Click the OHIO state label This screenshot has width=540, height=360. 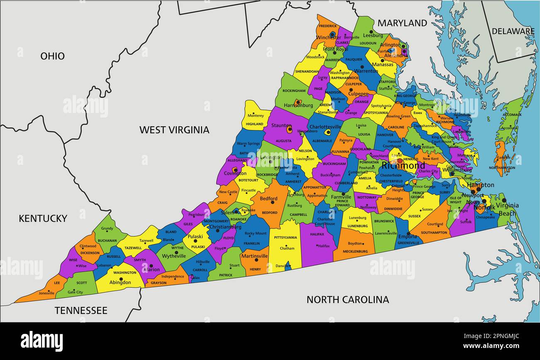click(52, 56)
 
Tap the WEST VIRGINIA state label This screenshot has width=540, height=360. click(174, 130)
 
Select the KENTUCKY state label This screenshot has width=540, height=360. click(43, 218)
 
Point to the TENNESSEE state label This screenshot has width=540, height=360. click(81, 311)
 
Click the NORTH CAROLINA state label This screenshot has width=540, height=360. click(348, 299)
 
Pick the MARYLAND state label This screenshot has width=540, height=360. click(402, 23)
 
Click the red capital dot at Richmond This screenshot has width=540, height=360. click(400, 161)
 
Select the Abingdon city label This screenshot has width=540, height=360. click(120, 282)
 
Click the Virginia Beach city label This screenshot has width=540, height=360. click(507, 209)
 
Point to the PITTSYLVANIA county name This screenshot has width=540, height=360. click(283, 238)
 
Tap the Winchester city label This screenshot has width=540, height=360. click(328, 37)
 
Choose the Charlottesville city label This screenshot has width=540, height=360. click(325, 127)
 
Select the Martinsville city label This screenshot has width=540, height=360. click(254, 256)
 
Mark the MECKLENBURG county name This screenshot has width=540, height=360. click(355, 251)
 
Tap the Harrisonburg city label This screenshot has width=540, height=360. click(298, 105)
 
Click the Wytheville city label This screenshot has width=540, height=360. click(174, 256)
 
